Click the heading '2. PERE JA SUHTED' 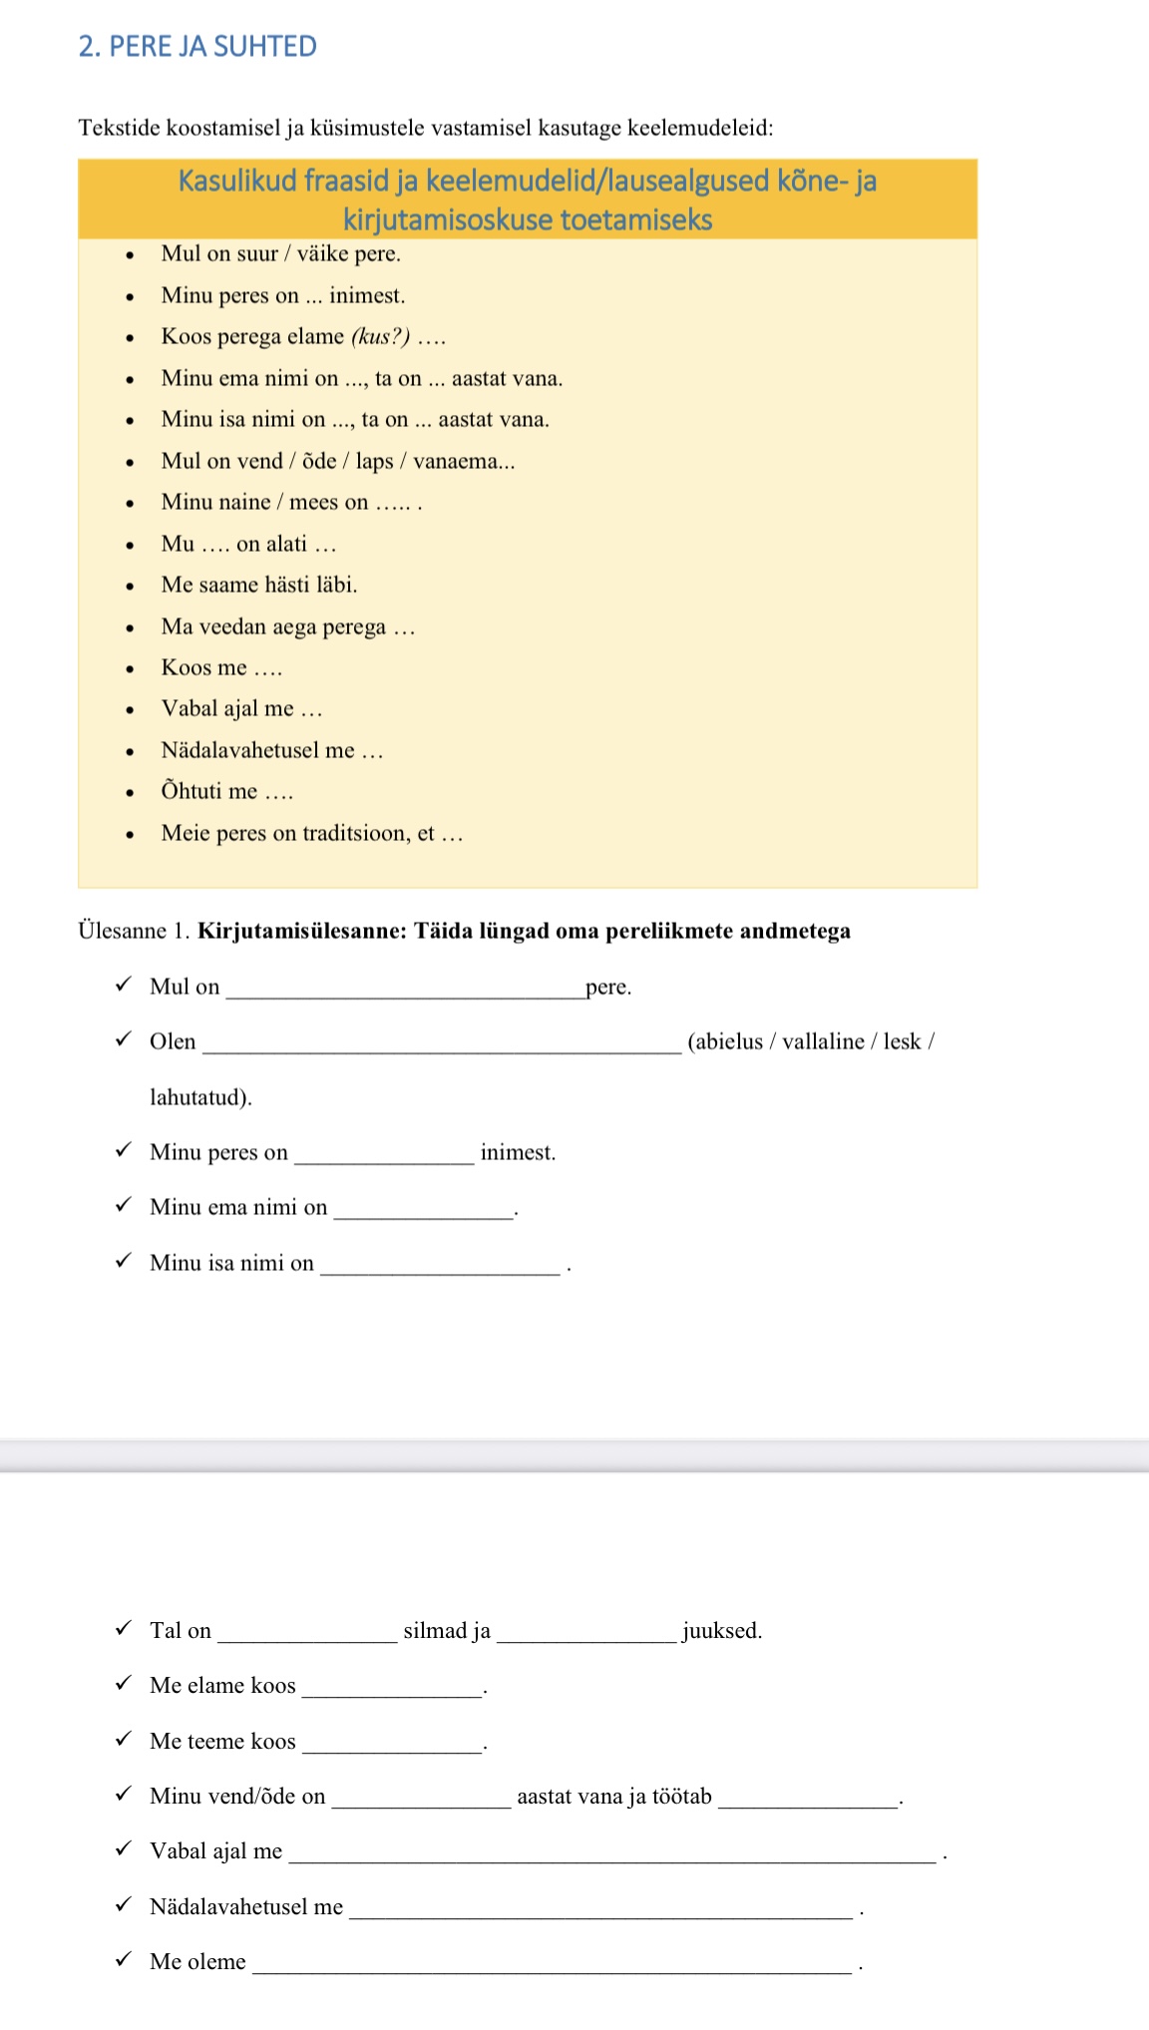coord(197,47)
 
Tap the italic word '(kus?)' coord(380,336)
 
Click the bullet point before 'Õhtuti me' coord(130,793)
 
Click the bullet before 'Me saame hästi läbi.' coord(130,587)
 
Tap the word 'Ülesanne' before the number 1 coord(122,931)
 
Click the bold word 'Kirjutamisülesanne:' coord(302,931)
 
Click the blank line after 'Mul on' coord(405,992)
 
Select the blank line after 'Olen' coord(442,1046)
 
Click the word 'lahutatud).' coord(200,1097)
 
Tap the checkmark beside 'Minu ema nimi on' coord(124,1205)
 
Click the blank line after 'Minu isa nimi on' coord(440,1269)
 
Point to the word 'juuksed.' coord(722,1631)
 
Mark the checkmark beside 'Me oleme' coord(124,1959)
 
